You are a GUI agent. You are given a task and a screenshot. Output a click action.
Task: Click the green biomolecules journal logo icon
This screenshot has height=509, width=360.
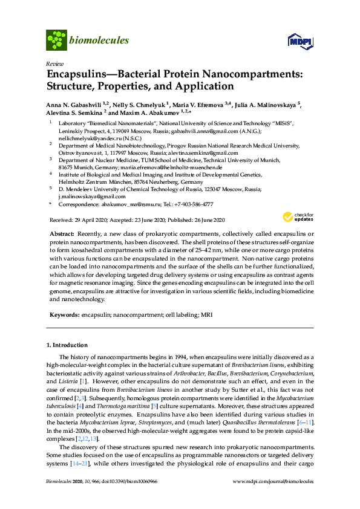(56, 40)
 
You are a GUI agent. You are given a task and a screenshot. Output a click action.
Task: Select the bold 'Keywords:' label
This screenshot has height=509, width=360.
(63, 315)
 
